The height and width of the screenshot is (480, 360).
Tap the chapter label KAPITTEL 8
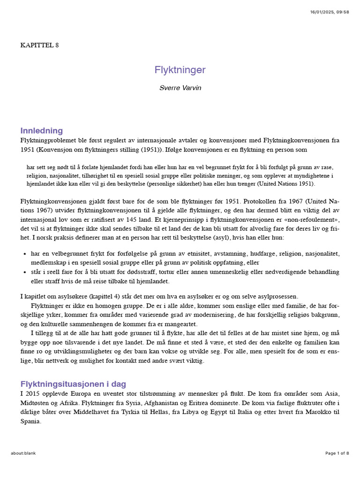pos(40,45)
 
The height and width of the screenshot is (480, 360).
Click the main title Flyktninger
pos(180,70)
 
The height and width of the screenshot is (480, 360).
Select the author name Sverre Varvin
pos(180,88)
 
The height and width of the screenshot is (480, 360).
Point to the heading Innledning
pos(41,130)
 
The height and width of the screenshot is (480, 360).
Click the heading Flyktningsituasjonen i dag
pos(73,384)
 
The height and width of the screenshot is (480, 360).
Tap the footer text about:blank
pos(23,453)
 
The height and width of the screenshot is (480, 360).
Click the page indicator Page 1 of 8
pos(337,453)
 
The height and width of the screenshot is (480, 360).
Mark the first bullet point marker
pos(24,254)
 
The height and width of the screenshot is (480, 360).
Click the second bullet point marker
pos(24,272)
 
